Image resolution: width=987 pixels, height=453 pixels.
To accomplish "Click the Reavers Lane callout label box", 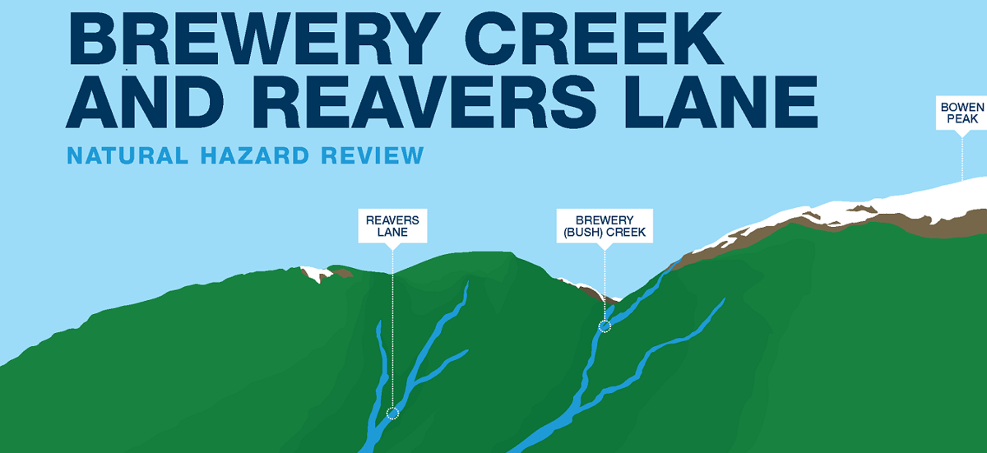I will coord(392,226).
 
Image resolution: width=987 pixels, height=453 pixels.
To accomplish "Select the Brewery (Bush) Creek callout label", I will coord(605,226).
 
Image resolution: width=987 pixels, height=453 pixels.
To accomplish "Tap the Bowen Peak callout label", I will coord(962,113).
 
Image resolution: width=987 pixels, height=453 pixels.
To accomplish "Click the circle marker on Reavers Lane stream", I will coord(392,413).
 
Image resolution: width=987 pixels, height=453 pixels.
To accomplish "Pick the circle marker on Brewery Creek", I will coord(605,326).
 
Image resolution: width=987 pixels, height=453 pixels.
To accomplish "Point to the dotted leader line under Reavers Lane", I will coord(392,329).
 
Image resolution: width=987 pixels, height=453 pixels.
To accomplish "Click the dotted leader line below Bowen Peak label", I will coord(962,156).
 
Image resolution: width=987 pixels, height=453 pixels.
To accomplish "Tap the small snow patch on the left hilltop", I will coord(313,274).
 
